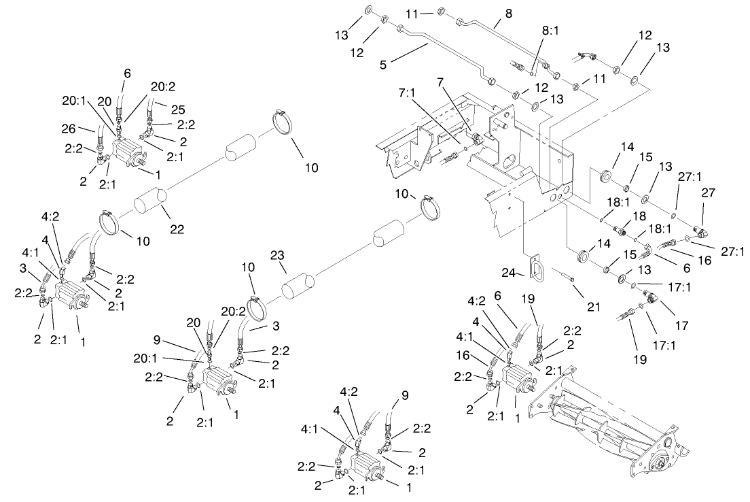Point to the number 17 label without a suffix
pyautogui.click(x=681, y=326)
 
